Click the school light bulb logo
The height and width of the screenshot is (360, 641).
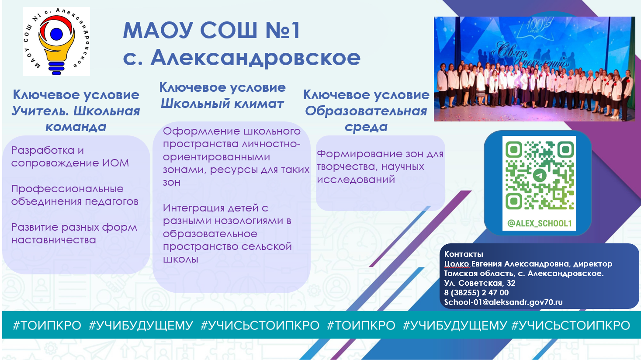point(56,42)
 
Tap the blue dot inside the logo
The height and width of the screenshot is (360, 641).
point(56,34)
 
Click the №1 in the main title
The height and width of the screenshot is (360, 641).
point(282,30)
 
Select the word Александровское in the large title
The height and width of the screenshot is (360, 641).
point(255,58)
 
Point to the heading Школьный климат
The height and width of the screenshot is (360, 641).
point(222,104)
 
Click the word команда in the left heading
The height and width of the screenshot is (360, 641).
point(76,127)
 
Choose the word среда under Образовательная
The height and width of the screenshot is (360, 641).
point(366,127)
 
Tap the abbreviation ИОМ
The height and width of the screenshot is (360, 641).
point(115,163)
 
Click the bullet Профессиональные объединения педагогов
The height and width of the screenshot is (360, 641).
point(75,195)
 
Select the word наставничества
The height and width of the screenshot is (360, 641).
point(53,240)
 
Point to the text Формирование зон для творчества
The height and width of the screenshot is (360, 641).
point(380,160)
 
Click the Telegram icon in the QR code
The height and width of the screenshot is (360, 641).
point(539,175)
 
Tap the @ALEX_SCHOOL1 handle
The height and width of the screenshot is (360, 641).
point(540,224)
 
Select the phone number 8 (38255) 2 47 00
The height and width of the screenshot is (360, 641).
point(476,292)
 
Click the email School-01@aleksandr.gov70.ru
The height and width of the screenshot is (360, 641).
point(503,302)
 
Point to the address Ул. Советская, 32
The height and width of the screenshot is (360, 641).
point(480,283)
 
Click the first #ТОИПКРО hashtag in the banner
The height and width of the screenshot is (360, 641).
point(47,325)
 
